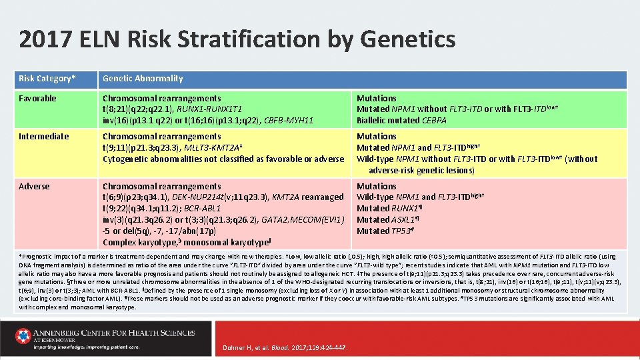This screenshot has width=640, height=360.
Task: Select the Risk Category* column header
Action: [x=47, y=79]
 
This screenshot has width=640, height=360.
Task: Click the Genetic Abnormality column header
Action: [x=143, y=79]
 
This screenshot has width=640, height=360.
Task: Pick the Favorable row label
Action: [x=37, y=99]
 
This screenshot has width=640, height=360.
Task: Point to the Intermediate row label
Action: [x=43, y=137]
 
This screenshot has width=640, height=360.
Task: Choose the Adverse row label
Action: [x=34, y=187]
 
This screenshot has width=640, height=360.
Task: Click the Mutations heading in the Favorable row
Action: [x=377, y=99]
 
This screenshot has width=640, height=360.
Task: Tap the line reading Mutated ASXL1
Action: [x=387, y=220]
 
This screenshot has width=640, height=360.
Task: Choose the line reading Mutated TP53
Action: [x=385, y=231]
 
